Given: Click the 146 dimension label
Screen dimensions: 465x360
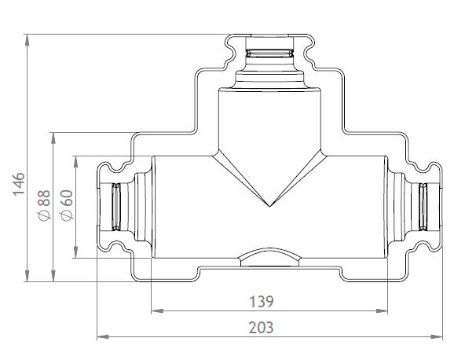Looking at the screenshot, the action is pos(19,184).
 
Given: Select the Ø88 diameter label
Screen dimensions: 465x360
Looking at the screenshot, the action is pos(44,206).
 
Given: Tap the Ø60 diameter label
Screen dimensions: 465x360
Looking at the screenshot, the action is pos(67,205).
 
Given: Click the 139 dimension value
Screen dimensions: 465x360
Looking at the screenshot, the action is pos(262,302).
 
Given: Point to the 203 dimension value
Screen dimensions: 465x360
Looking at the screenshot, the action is pos(262,328).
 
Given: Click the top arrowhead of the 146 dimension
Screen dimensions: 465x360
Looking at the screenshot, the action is pos(27,40).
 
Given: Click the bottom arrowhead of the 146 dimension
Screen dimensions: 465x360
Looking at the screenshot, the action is pos(27,276).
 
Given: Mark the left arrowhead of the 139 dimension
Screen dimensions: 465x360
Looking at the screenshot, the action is pos(157,311).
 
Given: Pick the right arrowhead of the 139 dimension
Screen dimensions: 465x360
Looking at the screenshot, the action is pos(382,311).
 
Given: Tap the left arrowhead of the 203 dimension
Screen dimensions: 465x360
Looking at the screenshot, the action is pos(103,337).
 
